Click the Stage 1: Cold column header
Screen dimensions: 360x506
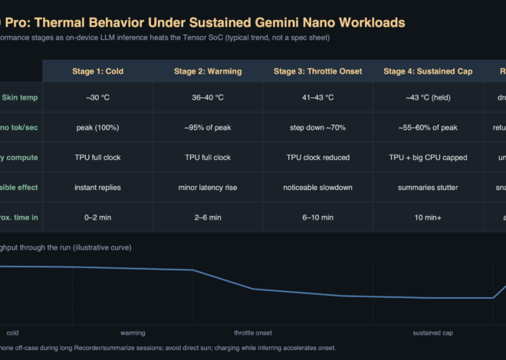(x=98, y=71)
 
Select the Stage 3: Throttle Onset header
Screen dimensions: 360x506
(x=317, y=71)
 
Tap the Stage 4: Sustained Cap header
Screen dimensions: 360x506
(x=427, y=71)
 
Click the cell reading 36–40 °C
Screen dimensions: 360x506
(x=208, y=97)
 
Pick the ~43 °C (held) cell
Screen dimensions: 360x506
(x=427, y=97)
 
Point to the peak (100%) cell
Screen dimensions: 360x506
(x=98, y=127)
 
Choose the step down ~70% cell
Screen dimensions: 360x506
(x=317, y=127)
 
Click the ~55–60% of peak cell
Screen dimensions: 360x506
(x=427, y=127)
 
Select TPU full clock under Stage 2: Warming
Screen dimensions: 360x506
(x=208, y=157)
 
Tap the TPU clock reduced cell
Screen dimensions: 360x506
(x=317, y=157)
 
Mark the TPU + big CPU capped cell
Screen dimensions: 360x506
(x=427, y=157)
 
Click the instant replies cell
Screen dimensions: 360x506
(x=98, y=187)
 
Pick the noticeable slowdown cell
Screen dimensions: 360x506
(x=317, y=187)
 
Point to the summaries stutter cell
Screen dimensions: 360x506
(x=427, y=187)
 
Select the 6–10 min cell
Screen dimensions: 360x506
(x=317, y=218)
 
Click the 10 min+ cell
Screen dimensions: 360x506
(x=427, y=218)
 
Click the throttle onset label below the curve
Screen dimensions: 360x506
(x=253, y=333)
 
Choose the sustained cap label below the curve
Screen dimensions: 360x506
(x=432, y=333)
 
